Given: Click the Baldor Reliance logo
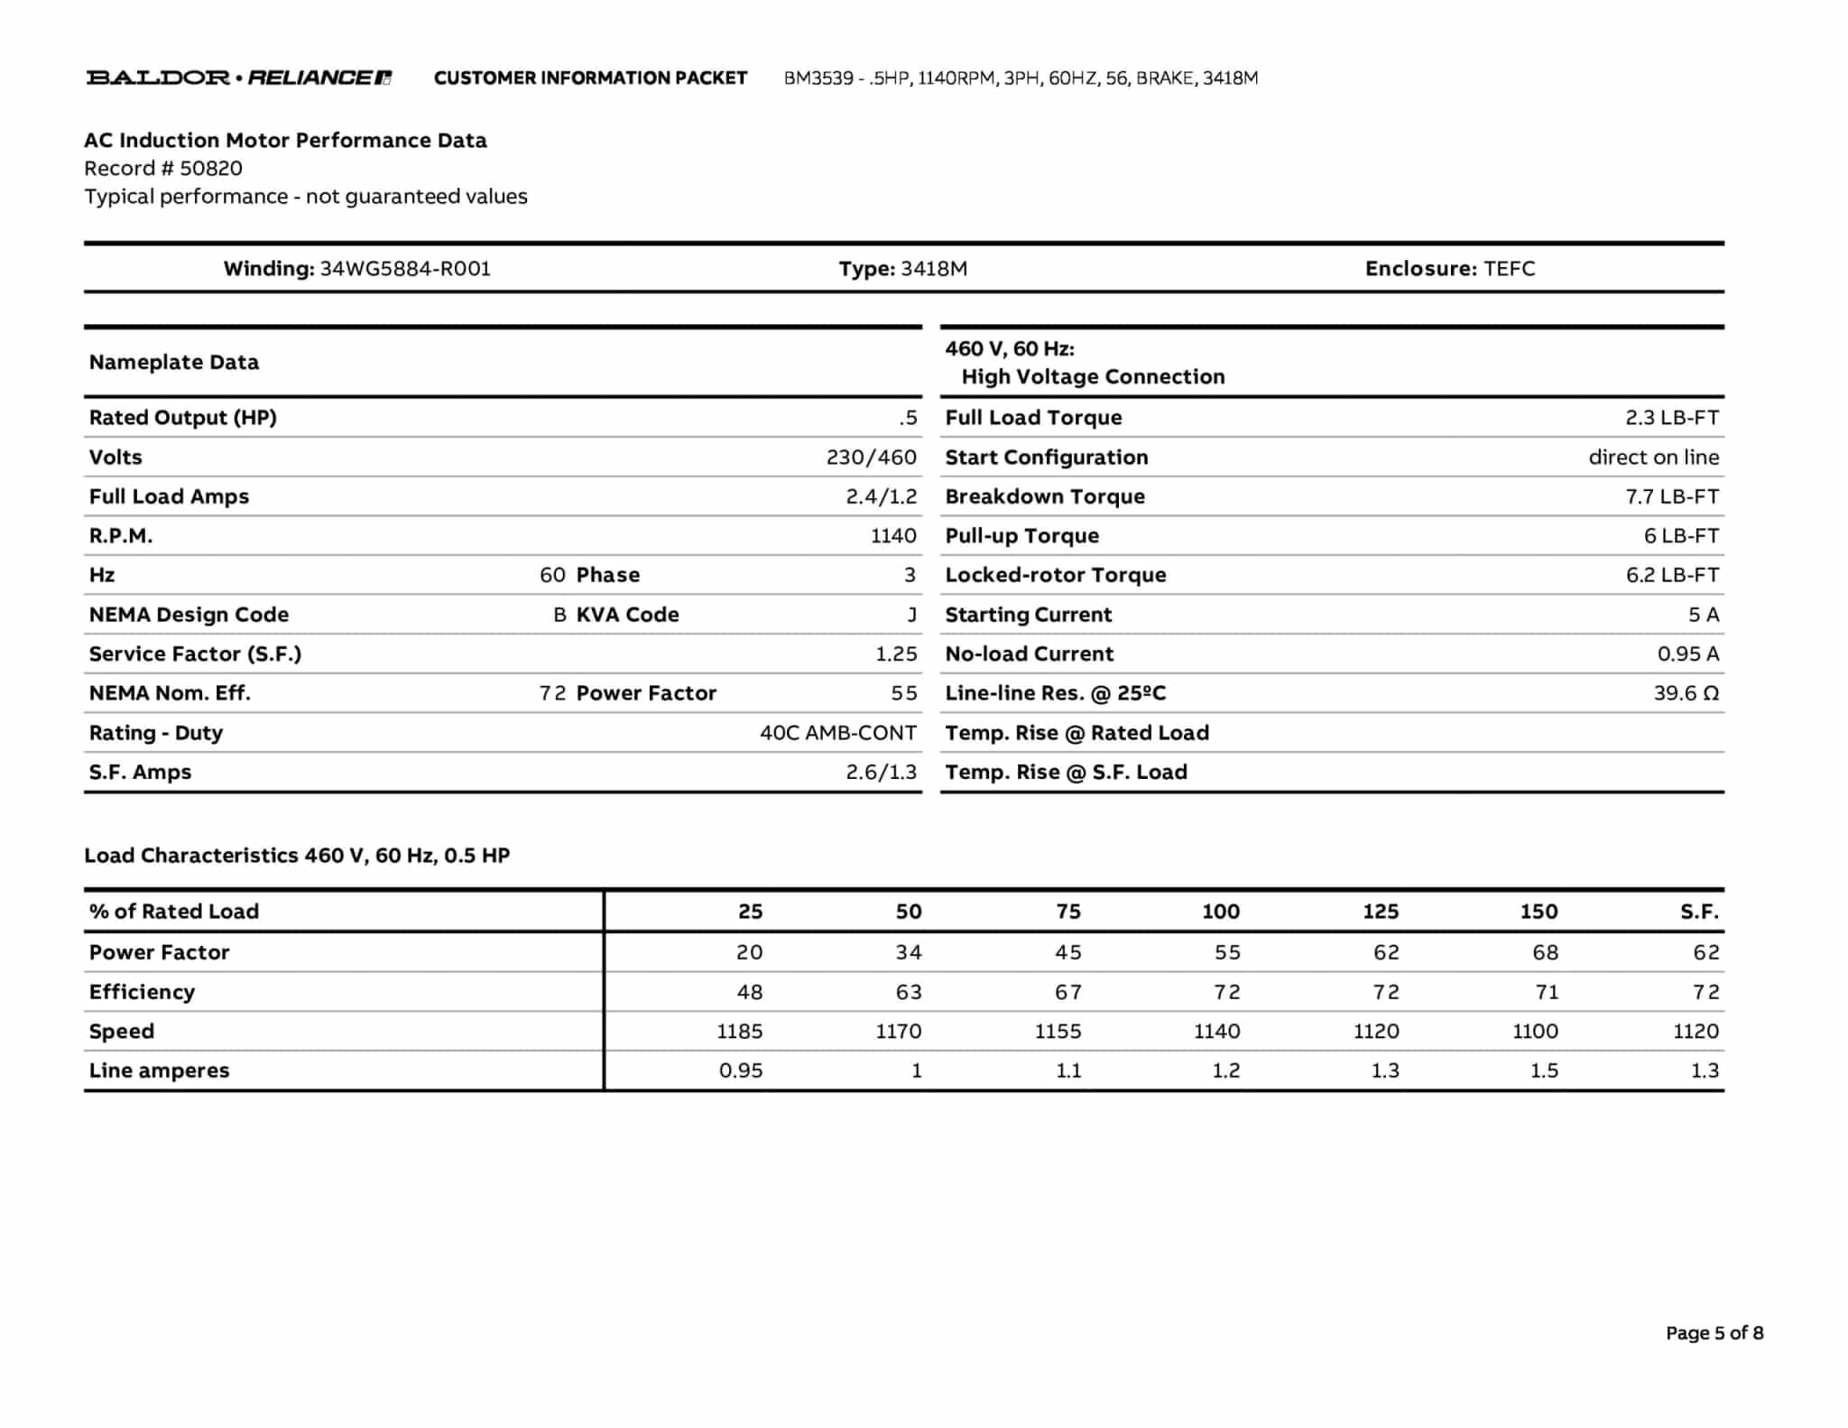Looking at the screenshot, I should point(239,78).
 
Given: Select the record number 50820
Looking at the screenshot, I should point(210,169).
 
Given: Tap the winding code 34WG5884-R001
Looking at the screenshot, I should point(405,269).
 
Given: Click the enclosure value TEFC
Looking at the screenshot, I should point(1509,269).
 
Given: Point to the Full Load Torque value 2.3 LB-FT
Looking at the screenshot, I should point(1671,418).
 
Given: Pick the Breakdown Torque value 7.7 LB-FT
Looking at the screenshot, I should point(1671,496).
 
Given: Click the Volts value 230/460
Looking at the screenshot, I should point(871,458).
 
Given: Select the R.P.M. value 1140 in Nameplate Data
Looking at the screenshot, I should point(893,536).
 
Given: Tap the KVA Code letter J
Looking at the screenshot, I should point(911,615).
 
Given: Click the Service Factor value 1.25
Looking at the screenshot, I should point(895,654).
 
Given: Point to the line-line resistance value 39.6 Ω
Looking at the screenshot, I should point(1686,693).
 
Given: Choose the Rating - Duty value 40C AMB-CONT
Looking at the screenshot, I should point(837,733).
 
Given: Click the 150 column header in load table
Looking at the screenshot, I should point(1538,912).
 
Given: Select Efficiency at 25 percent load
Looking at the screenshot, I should point(749,992).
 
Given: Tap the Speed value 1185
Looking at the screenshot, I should point(739,1031).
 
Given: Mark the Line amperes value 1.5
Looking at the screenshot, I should point(1544,1071).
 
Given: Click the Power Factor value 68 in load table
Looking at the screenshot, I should point(1545,952).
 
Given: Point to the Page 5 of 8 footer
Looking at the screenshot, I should point(1714,1333).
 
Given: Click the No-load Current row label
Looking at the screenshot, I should point(1029,654).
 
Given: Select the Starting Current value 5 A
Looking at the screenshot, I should point(1703,615).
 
